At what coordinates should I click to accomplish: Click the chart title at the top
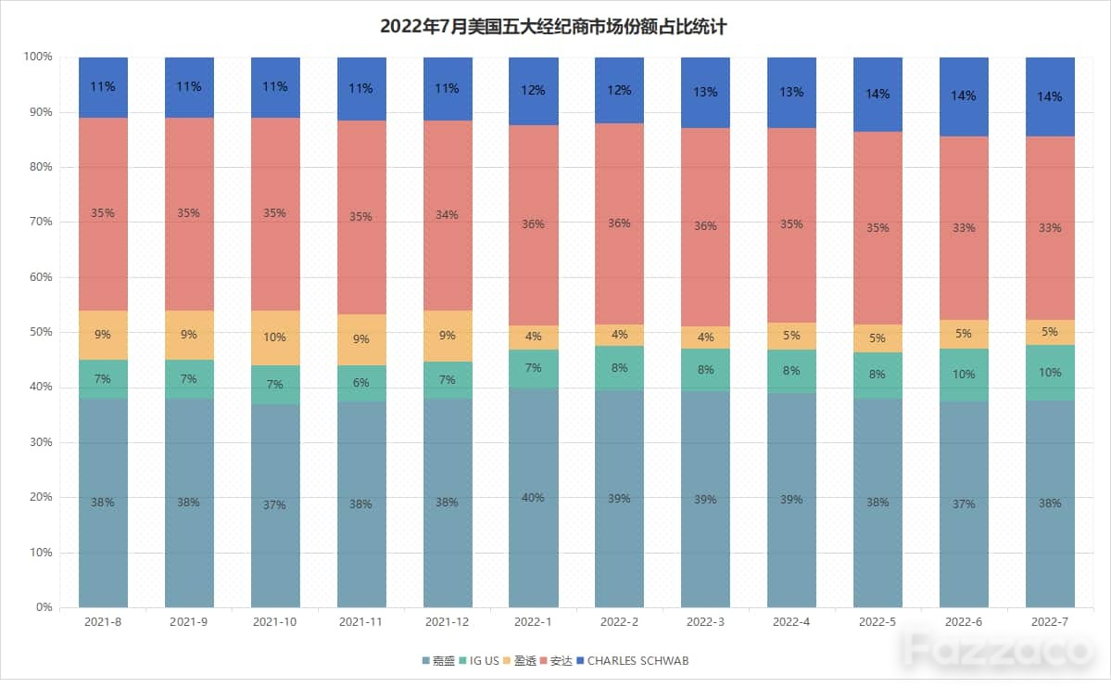tap(553, 27)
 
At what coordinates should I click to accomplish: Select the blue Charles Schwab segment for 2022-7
tap(1050, 96)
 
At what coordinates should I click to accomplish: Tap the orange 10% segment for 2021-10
tap(275, 338)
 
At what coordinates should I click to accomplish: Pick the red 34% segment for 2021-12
tap(448, 216)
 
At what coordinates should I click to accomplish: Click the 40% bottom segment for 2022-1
tap(533, 498)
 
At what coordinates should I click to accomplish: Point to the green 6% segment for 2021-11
tap(361, 384)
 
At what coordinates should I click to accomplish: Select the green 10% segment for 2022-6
tap(964, 375)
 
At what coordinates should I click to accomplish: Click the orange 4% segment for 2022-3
tap(705, 338)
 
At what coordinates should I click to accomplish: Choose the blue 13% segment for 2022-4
tap(791, 93)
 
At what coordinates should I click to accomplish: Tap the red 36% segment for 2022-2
tap(619, 224)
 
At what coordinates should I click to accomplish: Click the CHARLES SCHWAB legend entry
tap(633, 661)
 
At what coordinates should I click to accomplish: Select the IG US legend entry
tap(480, 661)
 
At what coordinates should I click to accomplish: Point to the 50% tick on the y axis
tap(41, 332)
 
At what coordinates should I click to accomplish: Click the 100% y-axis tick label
tap(38, 57)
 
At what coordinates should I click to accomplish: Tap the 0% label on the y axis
tap(44, 607)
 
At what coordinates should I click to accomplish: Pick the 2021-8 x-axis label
tap(103, 622)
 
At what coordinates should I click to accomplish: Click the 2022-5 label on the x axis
tap(877, 622)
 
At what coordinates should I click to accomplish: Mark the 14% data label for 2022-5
tap(877, 94)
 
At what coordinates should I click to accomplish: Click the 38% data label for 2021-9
tap(188, 503)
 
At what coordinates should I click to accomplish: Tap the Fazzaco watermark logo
tap(999, 649)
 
